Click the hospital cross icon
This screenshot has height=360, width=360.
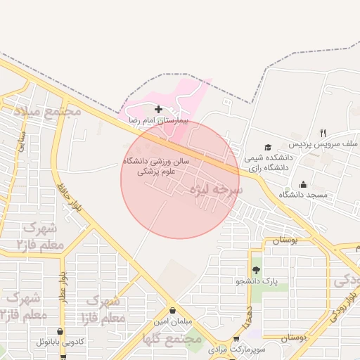click(x=158, y=109)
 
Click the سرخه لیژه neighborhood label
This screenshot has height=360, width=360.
click(x=219, y=190)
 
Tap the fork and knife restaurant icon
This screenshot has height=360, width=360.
click(x=323, y=132)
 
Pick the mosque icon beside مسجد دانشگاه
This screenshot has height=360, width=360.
click(x=303, y=184)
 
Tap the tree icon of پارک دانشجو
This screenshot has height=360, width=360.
click(x=255, y=270)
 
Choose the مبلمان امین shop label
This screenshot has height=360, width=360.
click(x=172, y=321)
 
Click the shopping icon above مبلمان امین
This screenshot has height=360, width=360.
click(x=172, y=310)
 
